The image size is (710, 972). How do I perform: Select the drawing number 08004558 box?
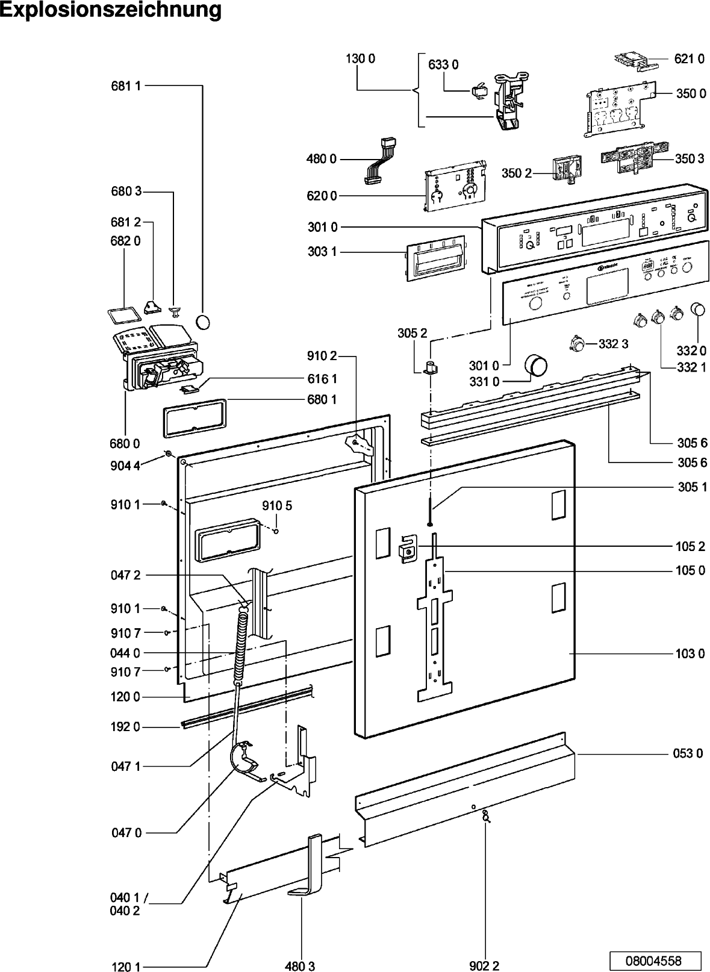point(653,959)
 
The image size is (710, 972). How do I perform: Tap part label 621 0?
point(689,58)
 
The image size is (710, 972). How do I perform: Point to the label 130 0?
point(360,58)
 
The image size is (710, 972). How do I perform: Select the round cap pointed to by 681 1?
point(205,321)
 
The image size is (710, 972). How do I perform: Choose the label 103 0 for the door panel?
point(689,653)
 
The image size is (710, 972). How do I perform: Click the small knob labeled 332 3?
point(577,344)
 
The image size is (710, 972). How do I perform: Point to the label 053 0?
point(688,753)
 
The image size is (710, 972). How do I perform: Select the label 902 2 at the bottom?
point(484,967)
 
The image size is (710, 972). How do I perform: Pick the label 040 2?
point(125,911)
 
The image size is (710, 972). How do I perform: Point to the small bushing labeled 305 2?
point(431,367)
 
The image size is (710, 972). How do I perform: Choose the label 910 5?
point(276,506)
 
